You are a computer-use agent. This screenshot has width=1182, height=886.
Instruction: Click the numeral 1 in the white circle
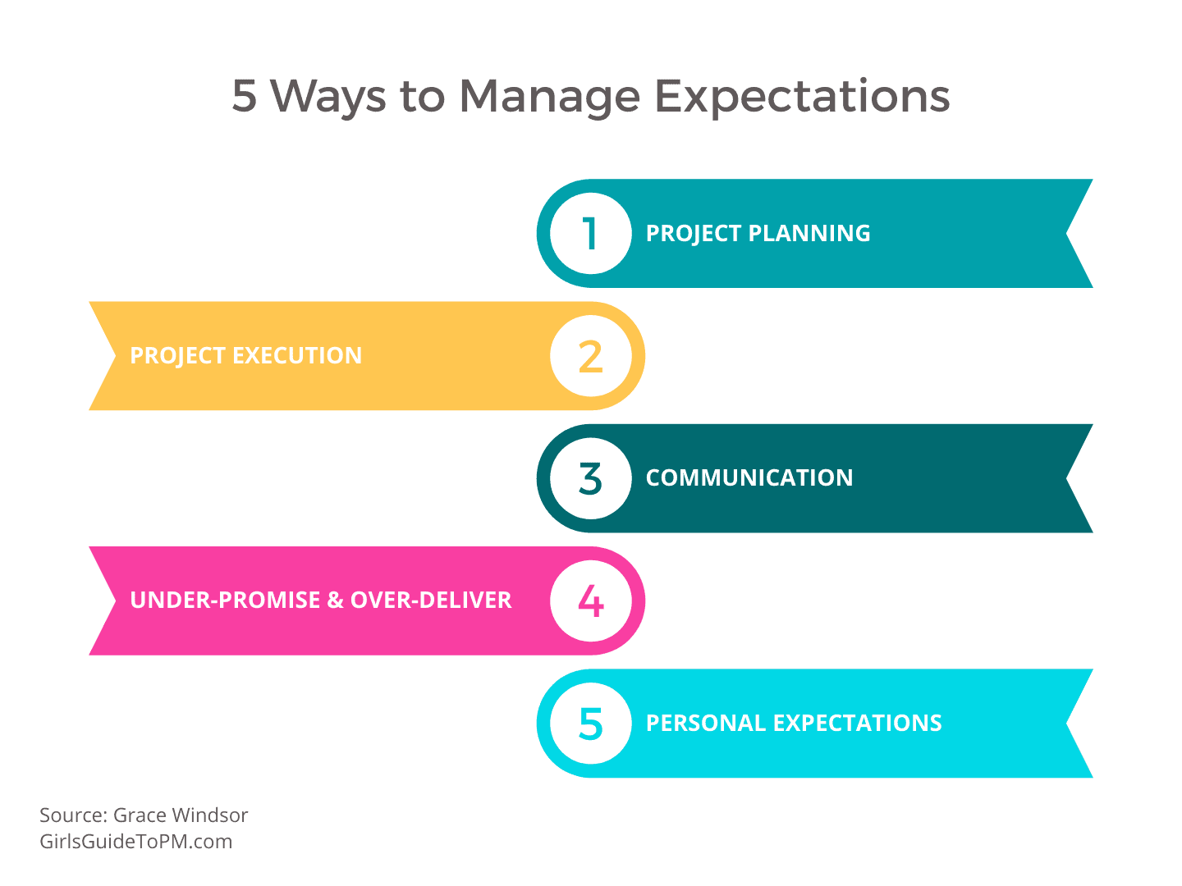591,234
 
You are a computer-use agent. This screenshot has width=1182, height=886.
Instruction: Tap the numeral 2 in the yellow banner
591,356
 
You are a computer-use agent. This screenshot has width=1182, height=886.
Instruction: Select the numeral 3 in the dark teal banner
591,478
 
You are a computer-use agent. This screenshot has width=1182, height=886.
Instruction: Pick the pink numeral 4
591,601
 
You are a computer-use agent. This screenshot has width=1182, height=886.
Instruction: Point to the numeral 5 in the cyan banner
591,724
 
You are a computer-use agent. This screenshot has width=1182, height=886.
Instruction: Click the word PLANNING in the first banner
809,234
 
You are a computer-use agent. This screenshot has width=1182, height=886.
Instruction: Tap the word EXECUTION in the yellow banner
296,355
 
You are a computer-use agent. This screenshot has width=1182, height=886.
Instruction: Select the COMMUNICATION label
749,477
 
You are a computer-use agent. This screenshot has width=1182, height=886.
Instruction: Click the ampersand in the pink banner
336,600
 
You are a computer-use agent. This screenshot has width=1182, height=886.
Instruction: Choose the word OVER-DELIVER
431,600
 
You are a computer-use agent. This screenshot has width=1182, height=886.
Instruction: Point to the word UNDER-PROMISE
225,600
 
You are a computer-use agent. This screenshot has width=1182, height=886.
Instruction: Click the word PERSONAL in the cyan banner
705,723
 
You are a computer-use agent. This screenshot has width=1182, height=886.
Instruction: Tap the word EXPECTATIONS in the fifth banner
857,723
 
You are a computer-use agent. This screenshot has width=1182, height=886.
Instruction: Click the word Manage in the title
549,98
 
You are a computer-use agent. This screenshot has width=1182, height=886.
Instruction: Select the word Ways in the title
328,98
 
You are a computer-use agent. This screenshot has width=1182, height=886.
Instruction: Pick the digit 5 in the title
244,96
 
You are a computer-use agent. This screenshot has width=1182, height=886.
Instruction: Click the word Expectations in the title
802,98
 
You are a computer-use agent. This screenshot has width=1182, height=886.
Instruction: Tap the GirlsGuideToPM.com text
135,842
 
